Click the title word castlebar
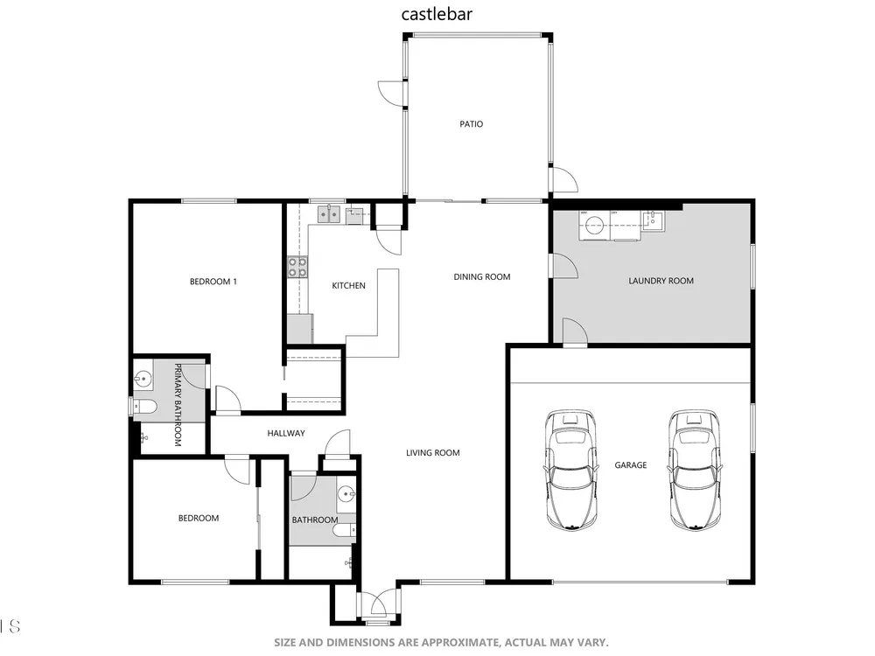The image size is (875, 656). (x=437, y=14)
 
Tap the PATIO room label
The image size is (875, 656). (x=471, y=124)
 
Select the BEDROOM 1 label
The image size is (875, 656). (x=213, y=282)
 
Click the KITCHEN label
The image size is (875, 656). (x=349, y=286)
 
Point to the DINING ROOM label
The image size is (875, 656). (x=481, y=276)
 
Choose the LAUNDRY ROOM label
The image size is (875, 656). (x=661, y=281)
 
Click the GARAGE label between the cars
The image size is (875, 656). (x=631, y=464)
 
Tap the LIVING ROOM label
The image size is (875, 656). (x=432, y=453)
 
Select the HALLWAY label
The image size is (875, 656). (x=286, y=433)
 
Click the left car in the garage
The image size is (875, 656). (x=570, y=470)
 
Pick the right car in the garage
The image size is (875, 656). (x=695, y=470)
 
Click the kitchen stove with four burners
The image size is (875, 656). (x=297, y=267)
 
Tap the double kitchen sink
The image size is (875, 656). (x=329, y=214)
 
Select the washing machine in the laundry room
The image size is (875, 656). (x=594, y=226)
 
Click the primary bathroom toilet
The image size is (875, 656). (x=144, y=407)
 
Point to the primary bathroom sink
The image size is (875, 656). (x=143, y=380)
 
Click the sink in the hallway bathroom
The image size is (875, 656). (x=346, y=493)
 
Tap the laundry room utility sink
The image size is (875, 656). (x=653, y=220)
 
